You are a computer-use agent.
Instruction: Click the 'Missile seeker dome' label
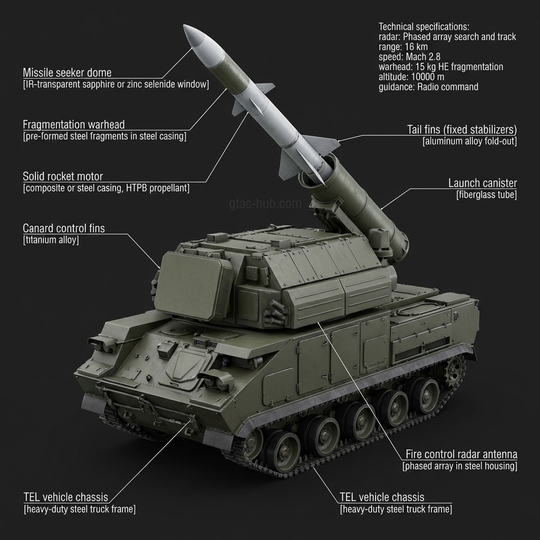[67, 73]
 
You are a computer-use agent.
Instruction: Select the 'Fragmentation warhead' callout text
[74, 125]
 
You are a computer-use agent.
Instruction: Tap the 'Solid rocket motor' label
[63, 176]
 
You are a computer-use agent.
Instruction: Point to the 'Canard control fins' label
[64, 228]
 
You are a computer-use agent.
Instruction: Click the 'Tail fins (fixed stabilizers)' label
[462, 130]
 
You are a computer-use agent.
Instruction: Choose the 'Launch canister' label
[483, 184]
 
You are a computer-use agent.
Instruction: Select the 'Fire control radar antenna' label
[461, 455]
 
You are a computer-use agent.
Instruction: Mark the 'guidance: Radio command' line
[428, 87]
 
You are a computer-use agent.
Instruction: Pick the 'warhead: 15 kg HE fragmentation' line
[441, 67]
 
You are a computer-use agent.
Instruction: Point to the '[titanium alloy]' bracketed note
[51, 240]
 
